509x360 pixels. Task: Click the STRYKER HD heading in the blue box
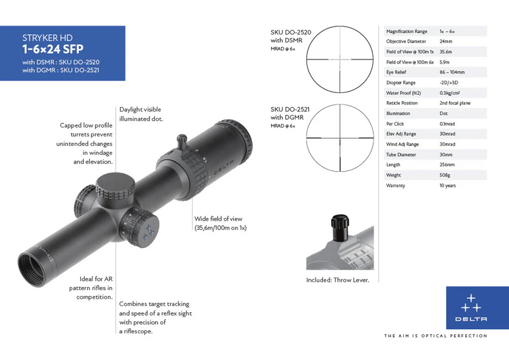48,38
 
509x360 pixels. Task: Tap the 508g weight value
445,175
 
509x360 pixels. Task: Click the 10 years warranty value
448,186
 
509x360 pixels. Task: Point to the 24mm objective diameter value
446,41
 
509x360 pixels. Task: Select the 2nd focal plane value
454,103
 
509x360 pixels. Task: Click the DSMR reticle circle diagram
340,58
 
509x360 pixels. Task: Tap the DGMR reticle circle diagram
340,138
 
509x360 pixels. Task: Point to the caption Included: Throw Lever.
337,280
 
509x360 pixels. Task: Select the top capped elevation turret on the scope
115,184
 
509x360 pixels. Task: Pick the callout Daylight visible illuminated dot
141,114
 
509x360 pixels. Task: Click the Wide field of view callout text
220,223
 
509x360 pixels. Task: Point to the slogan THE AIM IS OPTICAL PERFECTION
436,336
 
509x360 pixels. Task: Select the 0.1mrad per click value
447,124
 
